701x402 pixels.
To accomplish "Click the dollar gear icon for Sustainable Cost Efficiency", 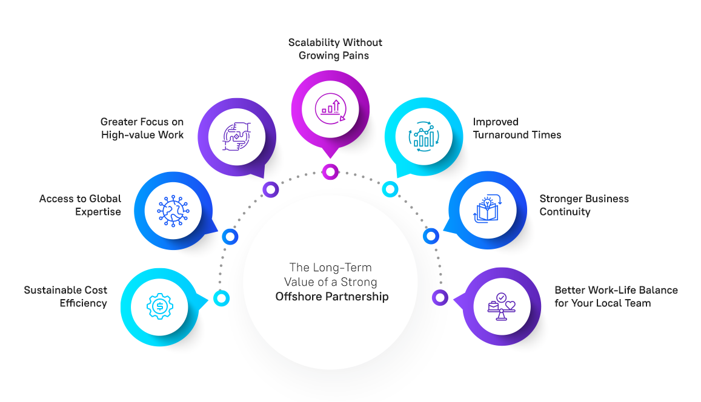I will coord(160,306).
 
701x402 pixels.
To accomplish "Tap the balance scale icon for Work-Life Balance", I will coord(501,306).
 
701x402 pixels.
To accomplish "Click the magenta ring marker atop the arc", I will coord(330,172).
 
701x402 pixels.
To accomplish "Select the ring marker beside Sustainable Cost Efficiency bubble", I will coord(222,297).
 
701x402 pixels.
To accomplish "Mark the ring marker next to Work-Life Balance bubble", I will coord(440,297).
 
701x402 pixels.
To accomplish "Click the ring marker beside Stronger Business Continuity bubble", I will coord(430,236).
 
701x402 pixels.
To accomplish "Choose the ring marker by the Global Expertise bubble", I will coord(230,237).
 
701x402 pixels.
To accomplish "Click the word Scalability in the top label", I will coord(314,42).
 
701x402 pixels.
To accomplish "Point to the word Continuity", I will coord(565,212).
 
